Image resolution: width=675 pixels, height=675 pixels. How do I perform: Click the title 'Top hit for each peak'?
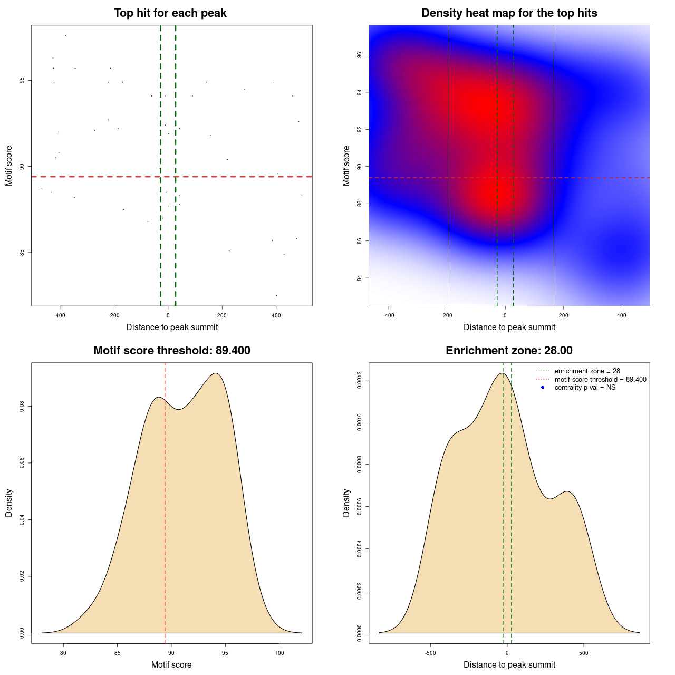(x=170, y=13)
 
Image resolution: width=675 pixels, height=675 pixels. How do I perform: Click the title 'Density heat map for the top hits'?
(x=509, y=13)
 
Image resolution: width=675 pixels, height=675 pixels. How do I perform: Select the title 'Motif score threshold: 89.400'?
(x=171, y=351)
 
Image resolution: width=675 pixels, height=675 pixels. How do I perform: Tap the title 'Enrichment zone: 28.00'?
(x=509, y=351)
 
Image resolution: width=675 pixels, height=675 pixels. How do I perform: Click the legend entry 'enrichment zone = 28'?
(x=587, y=371)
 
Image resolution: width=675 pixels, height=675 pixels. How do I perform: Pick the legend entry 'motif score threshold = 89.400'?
(x=600, y=380)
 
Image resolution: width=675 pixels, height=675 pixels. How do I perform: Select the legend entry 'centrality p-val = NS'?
(x=585, y=388)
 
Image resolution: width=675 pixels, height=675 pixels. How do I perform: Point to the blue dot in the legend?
(x=543, y=388)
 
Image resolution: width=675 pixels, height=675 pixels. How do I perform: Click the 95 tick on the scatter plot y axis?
(x=22, y=81)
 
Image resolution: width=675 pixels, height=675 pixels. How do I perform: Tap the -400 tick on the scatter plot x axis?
(x=60, y=315)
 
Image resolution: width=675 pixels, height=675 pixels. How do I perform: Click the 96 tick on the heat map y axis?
(x=360, y=55)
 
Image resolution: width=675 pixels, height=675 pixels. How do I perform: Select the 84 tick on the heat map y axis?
(x=360, y=278)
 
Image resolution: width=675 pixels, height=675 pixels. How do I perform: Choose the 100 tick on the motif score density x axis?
(x=279, y=653)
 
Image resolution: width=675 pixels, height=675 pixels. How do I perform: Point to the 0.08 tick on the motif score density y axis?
(x=22, y=407)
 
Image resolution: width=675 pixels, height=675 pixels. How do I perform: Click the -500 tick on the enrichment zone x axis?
(x=431, y=653)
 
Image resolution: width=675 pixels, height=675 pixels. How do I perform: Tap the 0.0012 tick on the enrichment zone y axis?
(x=360, y=380)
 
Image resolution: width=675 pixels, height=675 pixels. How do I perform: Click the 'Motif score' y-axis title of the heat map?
(x=346, y=166)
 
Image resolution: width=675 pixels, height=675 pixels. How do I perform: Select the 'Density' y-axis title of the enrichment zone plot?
(x=346, y=503)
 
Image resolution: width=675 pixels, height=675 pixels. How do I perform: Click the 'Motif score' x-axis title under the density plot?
(x=171, y=665)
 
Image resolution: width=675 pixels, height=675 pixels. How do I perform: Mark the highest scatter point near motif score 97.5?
(x=65, y=35)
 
